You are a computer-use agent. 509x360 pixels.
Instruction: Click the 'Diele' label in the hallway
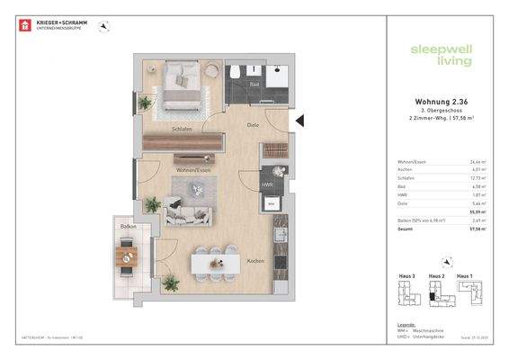point(254,125)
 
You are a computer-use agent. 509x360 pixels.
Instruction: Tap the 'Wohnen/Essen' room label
point(192,168)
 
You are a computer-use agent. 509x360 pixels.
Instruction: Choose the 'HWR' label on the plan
point(267,184)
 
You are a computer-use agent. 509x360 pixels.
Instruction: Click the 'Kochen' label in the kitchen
point(256,261)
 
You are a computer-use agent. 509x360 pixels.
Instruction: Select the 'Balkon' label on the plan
point(128,228)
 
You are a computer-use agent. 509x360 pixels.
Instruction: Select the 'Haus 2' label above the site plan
point(437,274)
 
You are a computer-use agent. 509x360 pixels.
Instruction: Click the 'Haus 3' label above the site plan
point(407,274)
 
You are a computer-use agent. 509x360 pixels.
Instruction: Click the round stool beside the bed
point(211,69)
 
